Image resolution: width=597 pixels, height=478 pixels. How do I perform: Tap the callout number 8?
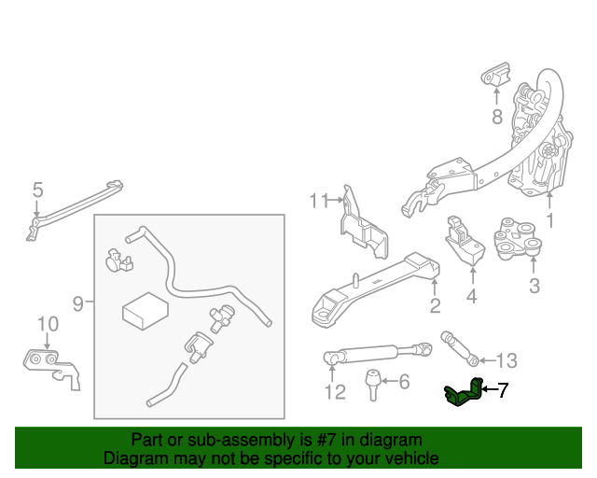pyautogui.click(x=496, y=117)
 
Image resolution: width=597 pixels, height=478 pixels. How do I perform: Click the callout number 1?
pyautogui.click(x=550, y=221)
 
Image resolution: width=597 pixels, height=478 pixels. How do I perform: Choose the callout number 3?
pyautogui.click(x=534, y=286)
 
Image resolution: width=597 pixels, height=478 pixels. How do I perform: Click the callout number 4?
pyautogui.click(x=471, y=297)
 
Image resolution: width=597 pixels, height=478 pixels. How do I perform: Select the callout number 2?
pyautogui.click(x=435, y=307)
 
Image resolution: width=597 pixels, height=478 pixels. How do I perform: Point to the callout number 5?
pyautogui.click(x=37, y=190)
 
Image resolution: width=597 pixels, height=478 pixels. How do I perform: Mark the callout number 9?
pyautogui.click(x=78, y=302)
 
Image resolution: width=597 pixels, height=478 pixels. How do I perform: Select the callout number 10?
pyautogui.click(x=48, y=324)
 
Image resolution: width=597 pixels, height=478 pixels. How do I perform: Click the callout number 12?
pyautogui.click(x=335, y=392)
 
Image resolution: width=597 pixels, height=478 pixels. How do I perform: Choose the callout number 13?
pyautogui.click(x=505, y=360)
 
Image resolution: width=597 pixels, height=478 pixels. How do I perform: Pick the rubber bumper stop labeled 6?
pyautogui.click(x=371, y=382)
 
